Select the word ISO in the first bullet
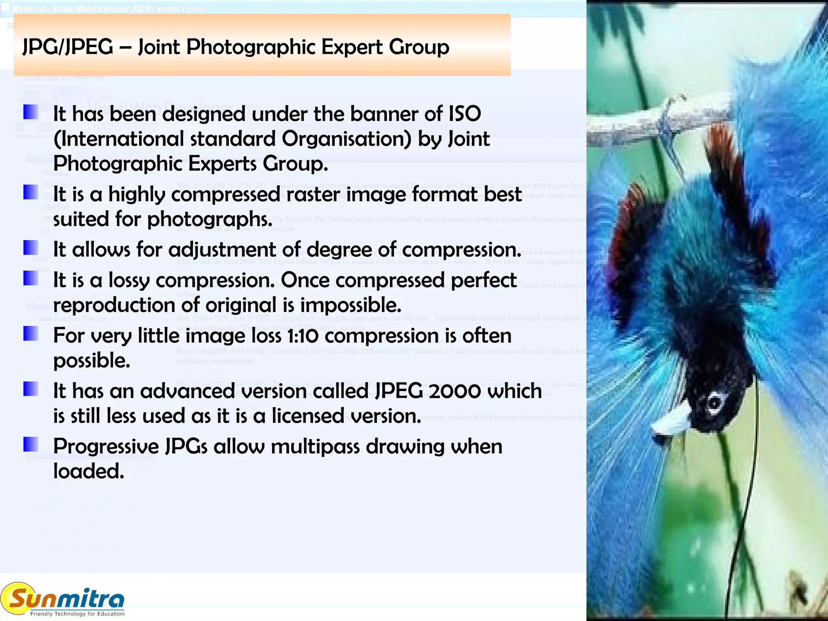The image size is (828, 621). click(x=465, y=114)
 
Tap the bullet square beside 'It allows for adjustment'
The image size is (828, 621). click(x=31, y=248)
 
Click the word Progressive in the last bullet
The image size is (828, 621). click(x=106, y=447)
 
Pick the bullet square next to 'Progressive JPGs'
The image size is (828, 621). click(x=31, y=444)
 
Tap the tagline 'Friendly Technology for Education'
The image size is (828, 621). click(x=77, y=614)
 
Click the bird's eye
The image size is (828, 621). click(x=714, y=402)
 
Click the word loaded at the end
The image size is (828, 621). click(x=89, y=472)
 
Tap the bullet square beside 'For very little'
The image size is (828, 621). click(x=31, y=334)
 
